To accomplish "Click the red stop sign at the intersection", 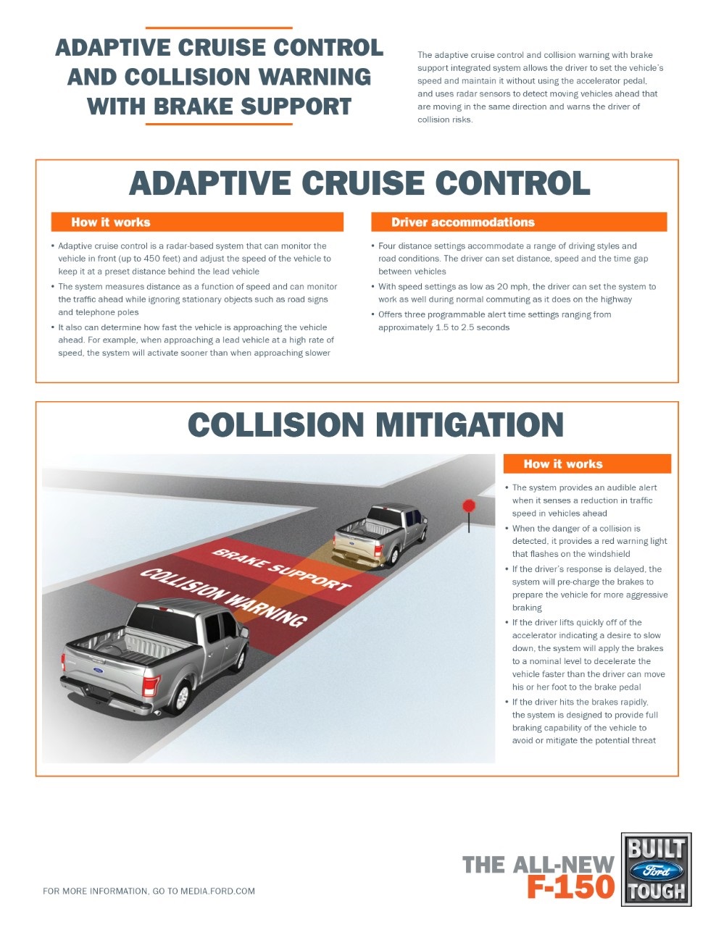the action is [x=468, y=506].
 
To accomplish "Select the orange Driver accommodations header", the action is [x=519, y=222].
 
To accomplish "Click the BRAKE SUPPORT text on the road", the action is [x=281, y=569].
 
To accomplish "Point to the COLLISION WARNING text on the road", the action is [x=224, y=597].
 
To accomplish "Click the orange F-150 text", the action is [x=570, y=887].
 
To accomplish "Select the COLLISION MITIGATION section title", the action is [x=375, y=424].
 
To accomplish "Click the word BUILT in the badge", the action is [x=657, y=849].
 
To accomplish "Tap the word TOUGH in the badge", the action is [x=657, y=892].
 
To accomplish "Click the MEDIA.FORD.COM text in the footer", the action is [x=217, y=892].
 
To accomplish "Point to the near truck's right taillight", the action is [x=151, y=686].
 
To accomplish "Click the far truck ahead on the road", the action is [x=380, y=535].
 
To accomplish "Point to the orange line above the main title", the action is [x=219, y=28].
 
